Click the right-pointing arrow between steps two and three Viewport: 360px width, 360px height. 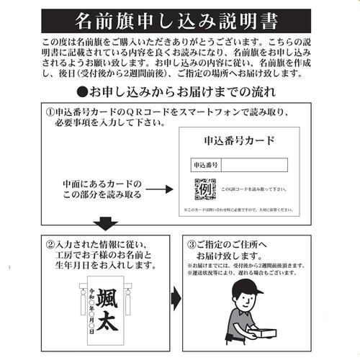click(175, 298)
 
